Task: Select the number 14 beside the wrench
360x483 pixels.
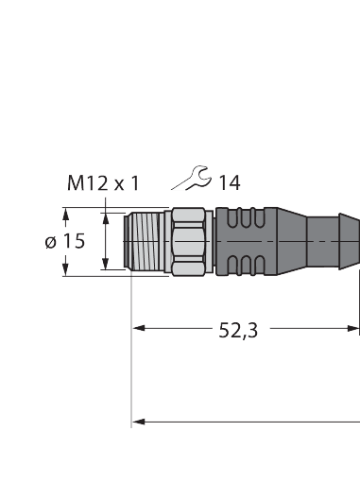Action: point(229,182)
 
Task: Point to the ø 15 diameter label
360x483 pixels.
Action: point(64,241)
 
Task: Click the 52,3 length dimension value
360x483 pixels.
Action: point(238,330)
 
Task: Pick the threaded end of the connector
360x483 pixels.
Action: point(147,242)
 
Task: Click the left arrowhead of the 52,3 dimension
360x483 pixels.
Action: point(138,329)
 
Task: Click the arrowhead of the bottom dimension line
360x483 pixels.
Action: point(138,419)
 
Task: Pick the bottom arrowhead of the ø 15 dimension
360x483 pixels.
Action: point(66,271)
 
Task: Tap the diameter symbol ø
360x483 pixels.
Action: point(51,242)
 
